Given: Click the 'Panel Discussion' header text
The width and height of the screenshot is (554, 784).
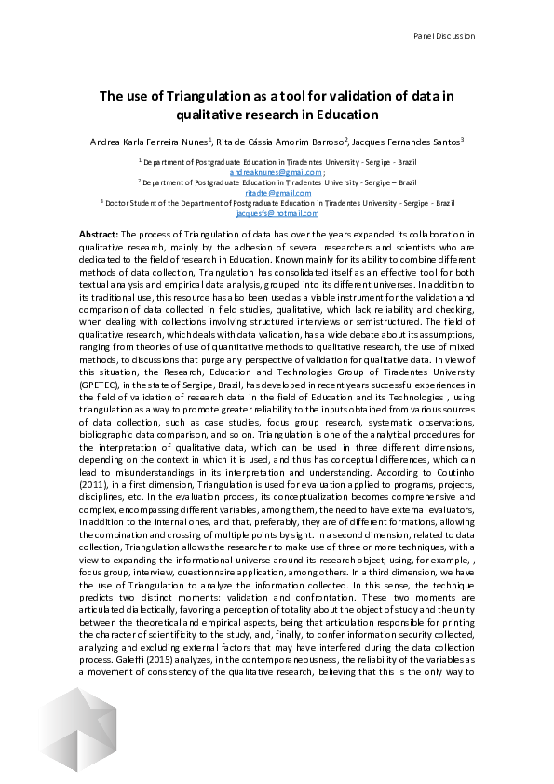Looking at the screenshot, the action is point(443,36).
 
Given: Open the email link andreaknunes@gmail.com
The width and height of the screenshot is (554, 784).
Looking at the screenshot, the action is point(275,173).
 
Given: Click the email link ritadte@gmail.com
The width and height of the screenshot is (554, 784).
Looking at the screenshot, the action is point(277,193).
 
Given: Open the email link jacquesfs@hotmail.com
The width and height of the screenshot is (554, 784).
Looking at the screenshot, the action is point(277,213).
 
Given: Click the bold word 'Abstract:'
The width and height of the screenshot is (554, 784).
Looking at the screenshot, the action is point(99,234).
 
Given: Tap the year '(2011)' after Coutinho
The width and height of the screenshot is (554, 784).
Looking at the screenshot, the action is point(98,459).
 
